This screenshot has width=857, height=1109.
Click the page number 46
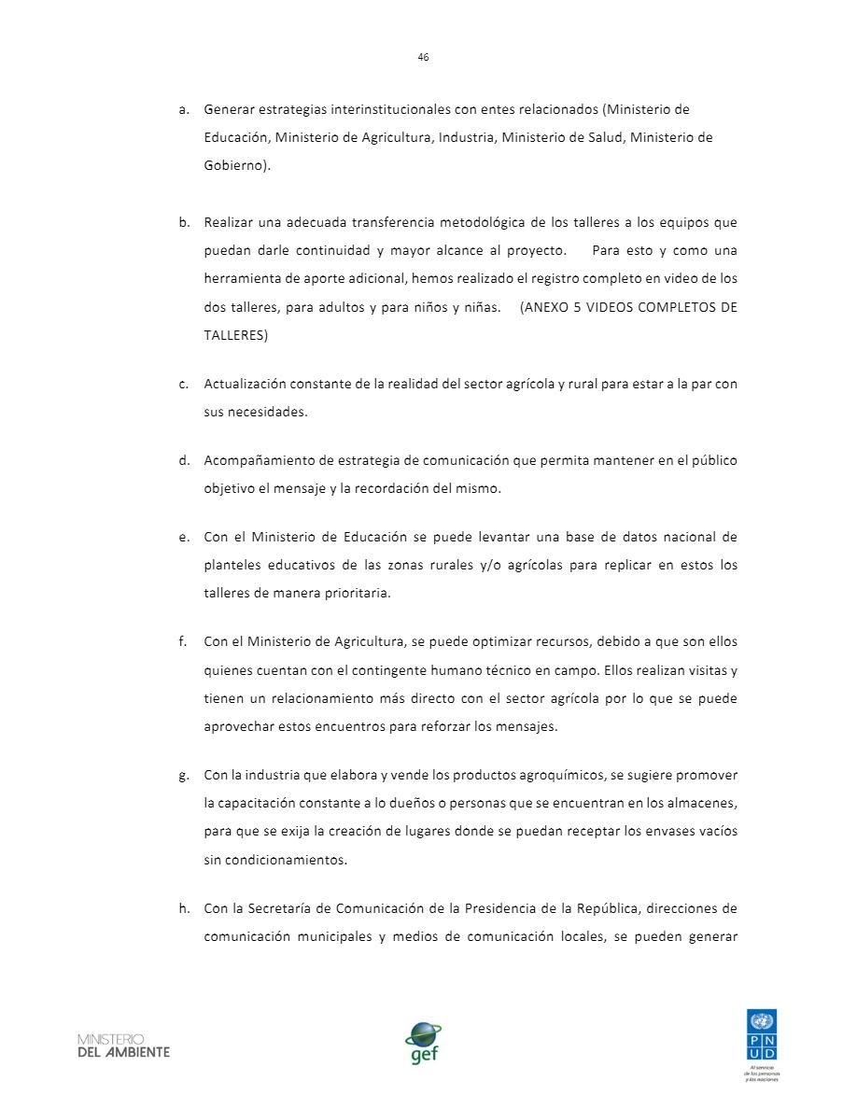(423, 57)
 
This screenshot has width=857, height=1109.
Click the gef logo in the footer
(423, 1042)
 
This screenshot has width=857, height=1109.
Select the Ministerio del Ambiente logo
(124, 1045)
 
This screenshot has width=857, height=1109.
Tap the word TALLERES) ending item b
(236, 336)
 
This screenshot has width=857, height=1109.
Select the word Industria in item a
(462, 138)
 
